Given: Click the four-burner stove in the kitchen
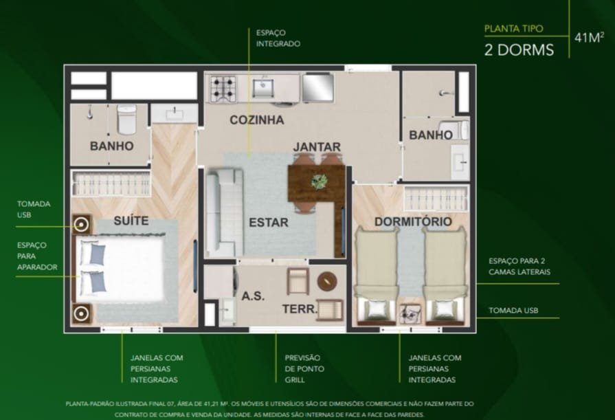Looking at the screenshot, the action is [223, 89].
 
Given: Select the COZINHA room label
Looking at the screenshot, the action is [257, 120].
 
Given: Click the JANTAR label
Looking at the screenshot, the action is [317, 147].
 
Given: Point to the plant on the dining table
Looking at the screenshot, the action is [320, 181].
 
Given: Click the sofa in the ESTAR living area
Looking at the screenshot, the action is [225, 212].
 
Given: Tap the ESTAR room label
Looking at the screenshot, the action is [269, 223].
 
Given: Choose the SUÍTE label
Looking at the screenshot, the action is [131, 220].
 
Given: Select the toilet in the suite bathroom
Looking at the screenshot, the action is [126, 119].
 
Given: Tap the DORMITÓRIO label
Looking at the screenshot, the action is [413, 222].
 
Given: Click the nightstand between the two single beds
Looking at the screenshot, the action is [411, 313].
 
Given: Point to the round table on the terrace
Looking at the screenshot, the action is [327, 281].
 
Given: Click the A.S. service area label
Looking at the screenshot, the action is [253, 296].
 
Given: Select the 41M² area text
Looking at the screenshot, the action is [589, 37].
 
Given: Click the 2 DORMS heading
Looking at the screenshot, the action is [519, 50].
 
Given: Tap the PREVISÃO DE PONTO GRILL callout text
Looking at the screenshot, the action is [304, 368].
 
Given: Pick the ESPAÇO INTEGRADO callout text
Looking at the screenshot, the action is [278, 38].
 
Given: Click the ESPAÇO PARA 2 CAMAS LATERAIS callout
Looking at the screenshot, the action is [519, 266].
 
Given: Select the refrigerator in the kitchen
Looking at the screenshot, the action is [317, 87].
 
